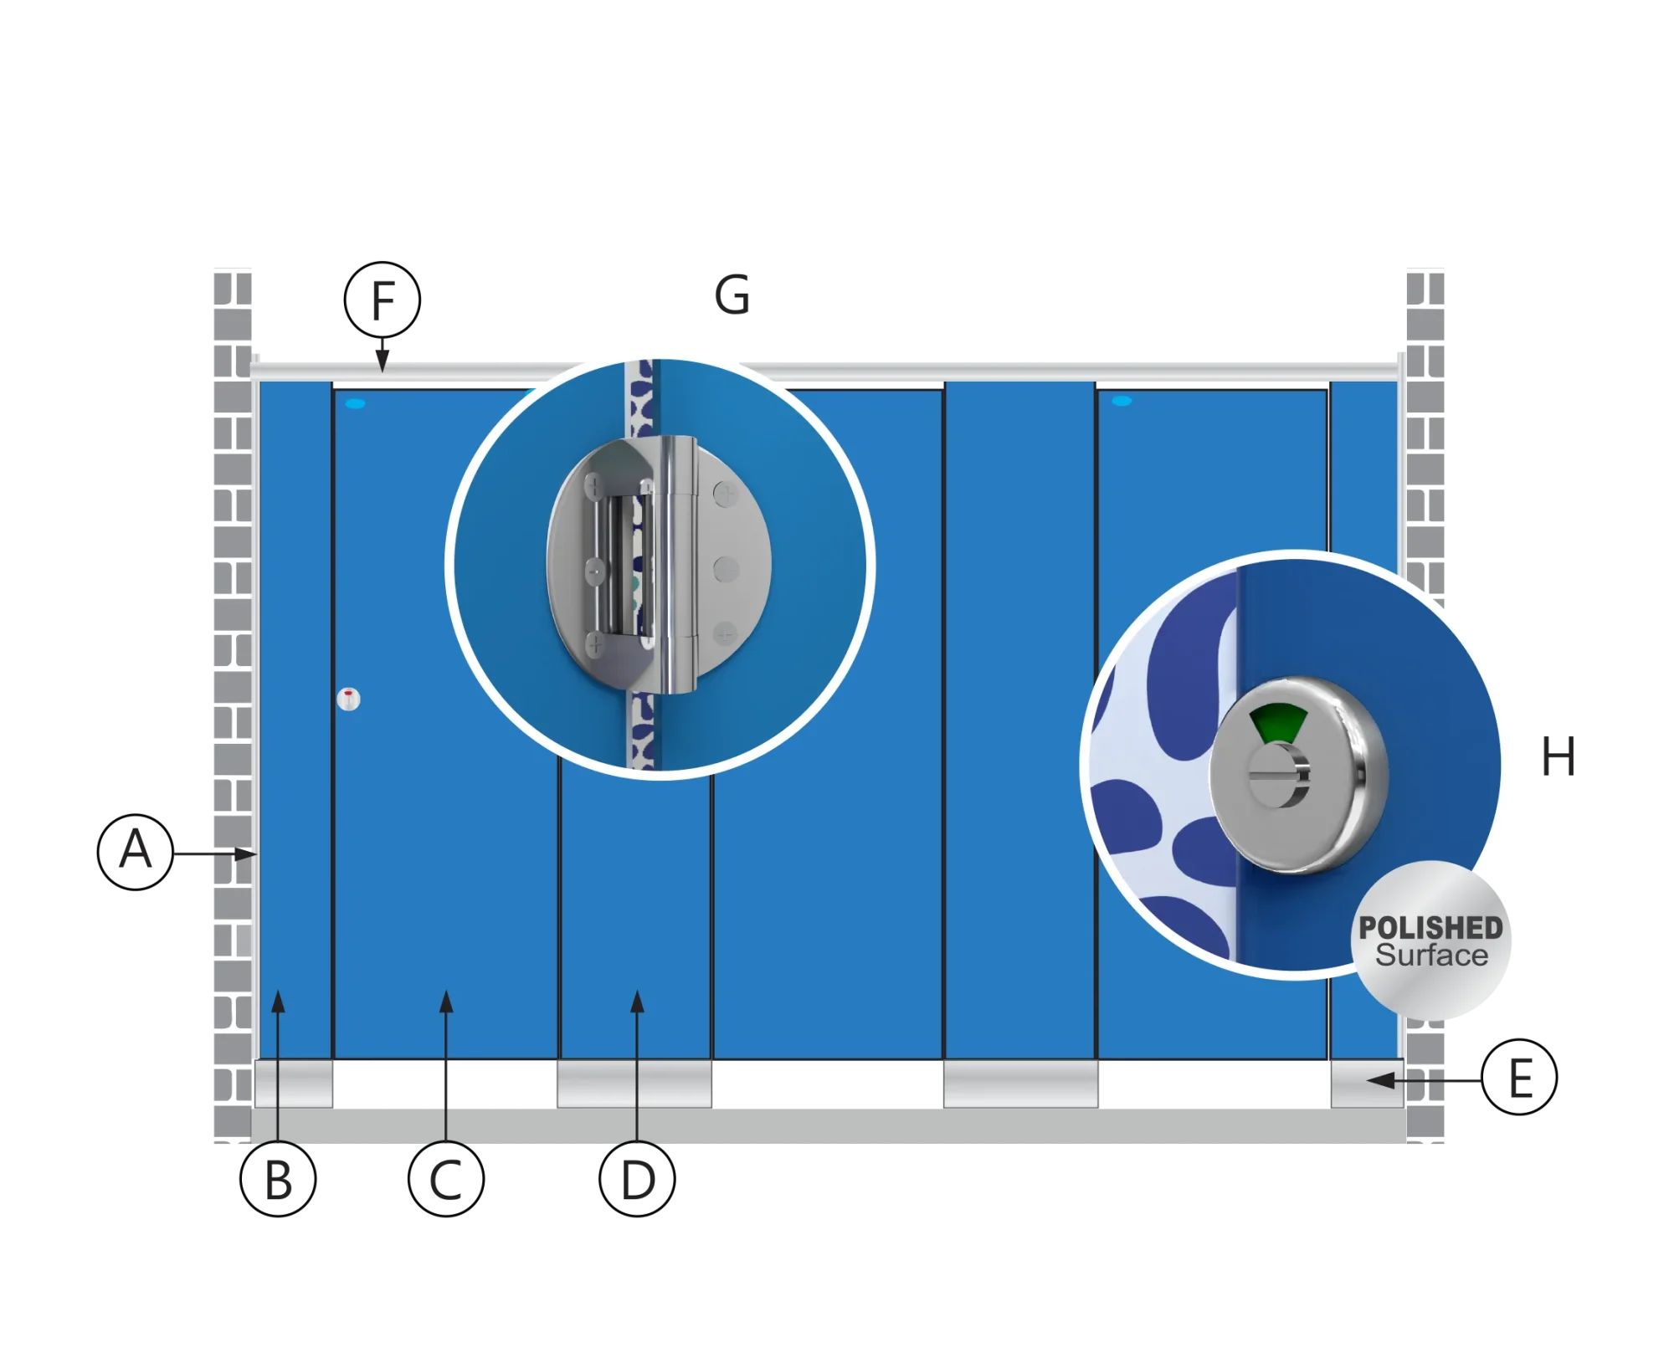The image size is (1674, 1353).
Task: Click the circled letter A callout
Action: tap(136, 852)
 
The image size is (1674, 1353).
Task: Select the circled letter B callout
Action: tap(278, 1178)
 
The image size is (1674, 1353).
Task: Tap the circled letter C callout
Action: tap(446, 1178)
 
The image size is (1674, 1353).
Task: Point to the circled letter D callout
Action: tap(637, 1178)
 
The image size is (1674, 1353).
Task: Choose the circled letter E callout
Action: tap(1519, 1077)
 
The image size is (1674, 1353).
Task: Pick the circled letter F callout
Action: tap(383, 300)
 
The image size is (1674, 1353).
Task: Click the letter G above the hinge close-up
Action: tap(732, 295)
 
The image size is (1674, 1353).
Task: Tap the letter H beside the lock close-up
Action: tap(1558, 756)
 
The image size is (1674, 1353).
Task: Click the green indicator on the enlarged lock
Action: tap(1278, 724)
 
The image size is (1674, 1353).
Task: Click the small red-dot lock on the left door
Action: tap(348, 699)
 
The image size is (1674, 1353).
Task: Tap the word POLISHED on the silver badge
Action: tap(1430, 927)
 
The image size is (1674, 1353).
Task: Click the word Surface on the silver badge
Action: tap(1432, 956)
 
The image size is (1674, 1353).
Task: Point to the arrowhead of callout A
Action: tap(246, 853)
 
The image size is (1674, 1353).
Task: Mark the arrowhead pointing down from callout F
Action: tap(383, 361)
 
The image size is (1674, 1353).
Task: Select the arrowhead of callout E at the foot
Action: tap(1380, 1080)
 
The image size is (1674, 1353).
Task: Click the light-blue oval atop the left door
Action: tap(356, 403)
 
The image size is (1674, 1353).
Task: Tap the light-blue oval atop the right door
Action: tap(1122, 401)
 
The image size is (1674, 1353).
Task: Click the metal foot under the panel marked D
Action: tap(634, 1084)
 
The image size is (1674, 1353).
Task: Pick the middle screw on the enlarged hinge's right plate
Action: tap(726, 570)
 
